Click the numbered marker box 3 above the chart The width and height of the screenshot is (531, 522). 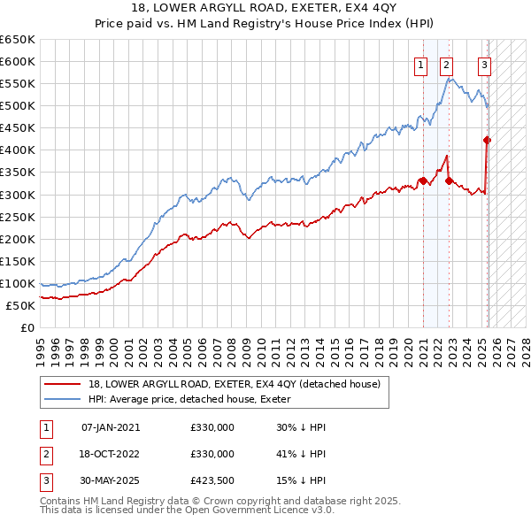485,64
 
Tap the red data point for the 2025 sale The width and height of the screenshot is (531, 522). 487,139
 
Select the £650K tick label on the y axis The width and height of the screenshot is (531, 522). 18,40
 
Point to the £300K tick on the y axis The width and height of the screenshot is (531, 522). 18,195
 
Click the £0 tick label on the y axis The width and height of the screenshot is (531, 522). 27,327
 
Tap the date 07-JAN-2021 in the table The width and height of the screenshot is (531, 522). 111,427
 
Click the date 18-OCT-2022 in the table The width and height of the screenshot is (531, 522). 111,454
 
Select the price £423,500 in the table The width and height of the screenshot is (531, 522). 212,480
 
